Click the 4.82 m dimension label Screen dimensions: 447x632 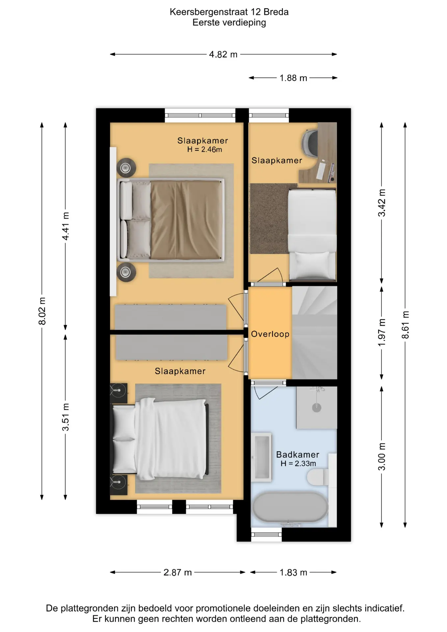pos(223,54)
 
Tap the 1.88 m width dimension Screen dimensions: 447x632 pos(293,78)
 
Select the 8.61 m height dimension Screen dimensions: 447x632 pos(405,325)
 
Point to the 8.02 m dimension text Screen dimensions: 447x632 pos(42,311)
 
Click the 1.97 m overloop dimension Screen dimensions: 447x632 pos(381,332)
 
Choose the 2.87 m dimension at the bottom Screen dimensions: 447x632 pos(177,572)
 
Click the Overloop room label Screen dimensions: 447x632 pos(270,334)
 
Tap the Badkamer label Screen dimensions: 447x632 pos(298,455)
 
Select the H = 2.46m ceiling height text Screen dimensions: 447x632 pos(204,149)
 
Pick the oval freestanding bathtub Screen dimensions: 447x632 pos(290,507)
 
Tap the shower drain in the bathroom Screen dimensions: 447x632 pos(317,408)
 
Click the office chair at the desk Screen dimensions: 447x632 pos(310,143)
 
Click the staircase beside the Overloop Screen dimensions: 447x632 pos(315,332)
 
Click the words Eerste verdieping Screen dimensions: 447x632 pos(229,22)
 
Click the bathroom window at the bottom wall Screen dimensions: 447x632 pos(266,535)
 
